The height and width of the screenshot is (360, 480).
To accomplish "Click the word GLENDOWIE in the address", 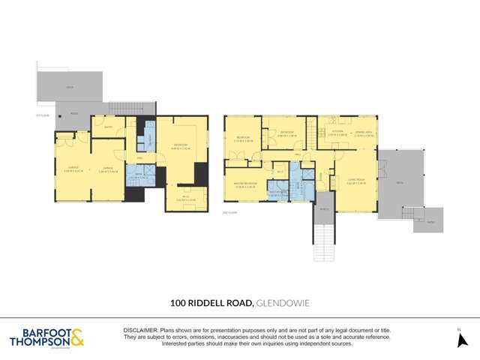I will [283, 304].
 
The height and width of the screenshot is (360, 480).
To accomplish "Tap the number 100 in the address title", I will [178, 304].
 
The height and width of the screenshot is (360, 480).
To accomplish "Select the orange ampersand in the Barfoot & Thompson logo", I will [77, 337].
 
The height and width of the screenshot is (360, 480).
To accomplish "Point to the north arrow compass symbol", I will [463, 340].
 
